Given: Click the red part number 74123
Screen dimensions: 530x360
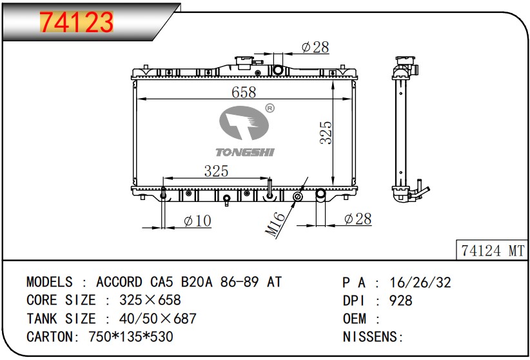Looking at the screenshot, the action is point(76,23).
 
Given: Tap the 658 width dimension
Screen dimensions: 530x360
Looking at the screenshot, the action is point(244,92).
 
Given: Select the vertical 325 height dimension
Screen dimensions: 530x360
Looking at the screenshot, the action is point(326,133).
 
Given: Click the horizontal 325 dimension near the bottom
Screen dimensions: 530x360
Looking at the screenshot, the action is point(217,171).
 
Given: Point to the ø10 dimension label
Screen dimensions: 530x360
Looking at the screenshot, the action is point(197,221).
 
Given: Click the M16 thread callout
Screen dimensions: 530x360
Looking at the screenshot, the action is point(275,224).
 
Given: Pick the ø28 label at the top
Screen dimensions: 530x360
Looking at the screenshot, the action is point(315,47).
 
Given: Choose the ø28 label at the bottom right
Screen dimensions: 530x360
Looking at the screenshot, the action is point(358,219).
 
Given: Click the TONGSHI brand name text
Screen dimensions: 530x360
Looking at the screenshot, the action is point(245,152).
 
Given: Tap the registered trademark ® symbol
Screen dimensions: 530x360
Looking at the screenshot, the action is point(270,108).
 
